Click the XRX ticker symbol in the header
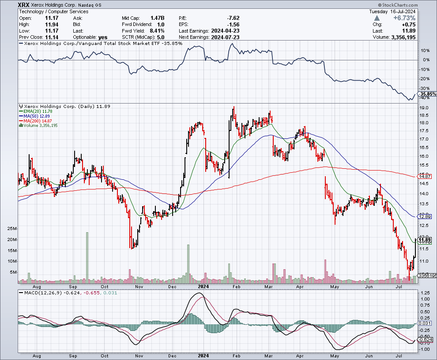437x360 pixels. click(24, 5)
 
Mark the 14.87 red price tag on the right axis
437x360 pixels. click(425, 176)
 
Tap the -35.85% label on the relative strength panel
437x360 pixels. click(426, 94)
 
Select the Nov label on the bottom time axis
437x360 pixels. click(139, 355)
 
